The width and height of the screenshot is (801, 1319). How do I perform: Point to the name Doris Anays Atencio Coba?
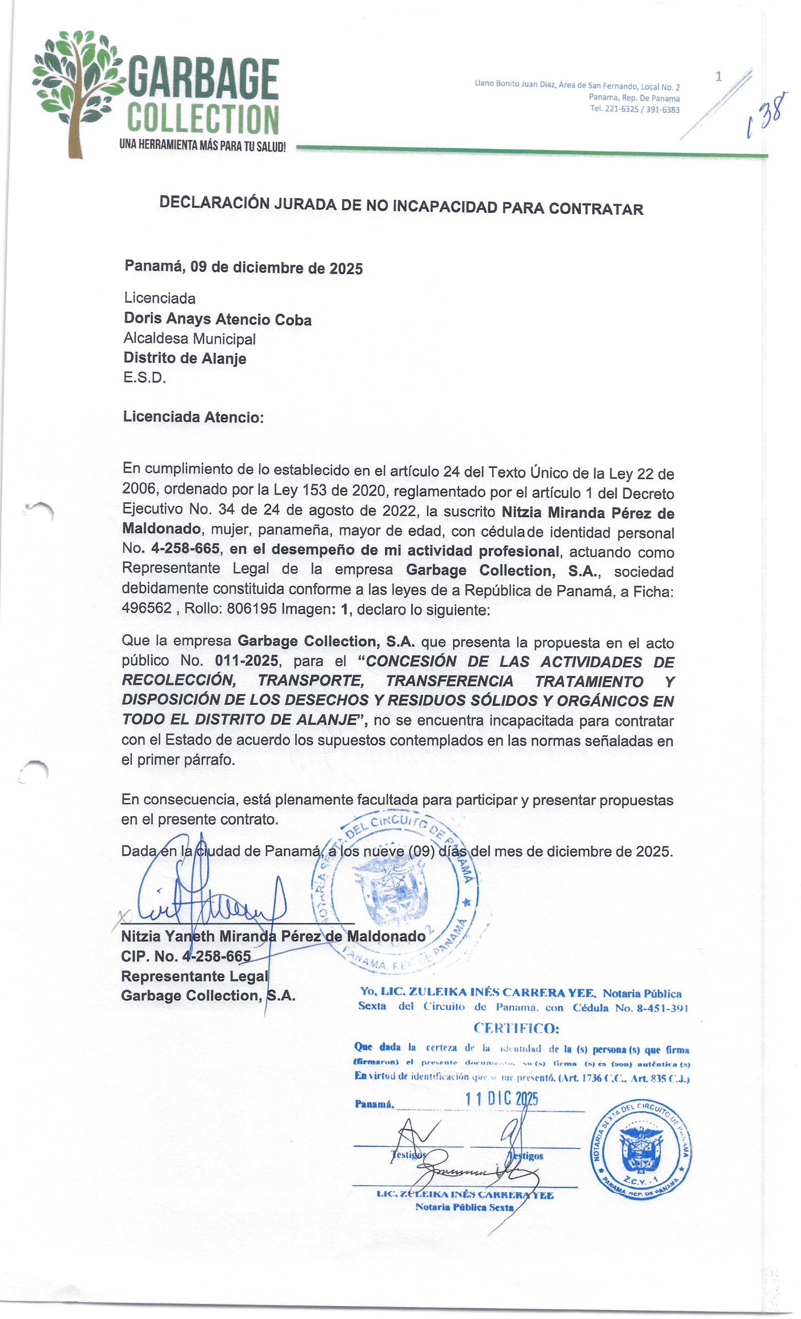tap(218, 319)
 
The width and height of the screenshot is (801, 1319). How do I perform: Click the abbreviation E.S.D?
tap(144, 378)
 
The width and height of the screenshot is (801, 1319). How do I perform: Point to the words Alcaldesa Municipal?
tap(190, 339)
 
